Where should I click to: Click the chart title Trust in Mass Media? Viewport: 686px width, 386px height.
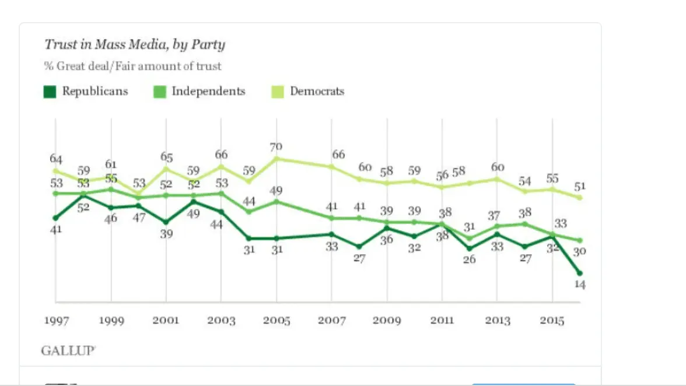tap(135, 45)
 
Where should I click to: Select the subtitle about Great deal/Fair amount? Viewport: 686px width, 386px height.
tap(132, 66)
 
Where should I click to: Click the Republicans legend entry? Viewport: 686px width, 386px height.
tap(86, 92)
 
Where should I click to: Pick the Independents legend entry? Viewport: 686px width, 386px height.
tap(200, 92)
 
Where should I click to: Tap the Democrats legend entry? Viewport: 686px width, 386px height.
tap(309, 92)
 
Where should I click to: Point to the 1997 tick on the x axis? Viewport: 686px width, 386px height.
tap(56, 321)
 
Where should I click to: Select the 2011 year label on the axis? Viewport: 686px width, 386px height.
tap(442, 321)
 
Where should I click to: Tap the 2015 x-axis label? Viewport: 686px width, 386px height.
tap(552, 321)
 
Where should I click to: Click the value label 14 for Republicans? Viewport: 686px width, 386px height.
tap(580, 285)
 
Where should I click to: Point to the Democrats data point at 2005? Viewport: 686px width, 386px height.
tap(276, 158)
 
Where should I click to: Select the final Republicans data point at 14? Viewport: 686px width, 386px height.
tap(580, 272)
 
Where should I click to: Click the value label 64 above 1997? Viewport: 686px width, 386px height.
tap(56, 159)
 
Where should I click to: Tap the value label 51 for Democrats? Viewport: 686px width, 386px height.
tap(580, 187)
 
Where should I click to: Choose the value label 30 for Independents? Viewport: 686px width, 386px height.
tap(580, 251)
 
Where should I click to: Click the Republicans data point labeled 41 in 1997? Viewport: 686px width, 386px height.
tap(56, 217)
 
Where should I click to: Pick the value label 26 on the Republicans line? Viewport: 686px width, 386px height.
tap(470, 259)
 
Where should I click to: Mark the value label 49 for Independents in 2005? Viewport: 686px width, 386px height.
tap(276, 190)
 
